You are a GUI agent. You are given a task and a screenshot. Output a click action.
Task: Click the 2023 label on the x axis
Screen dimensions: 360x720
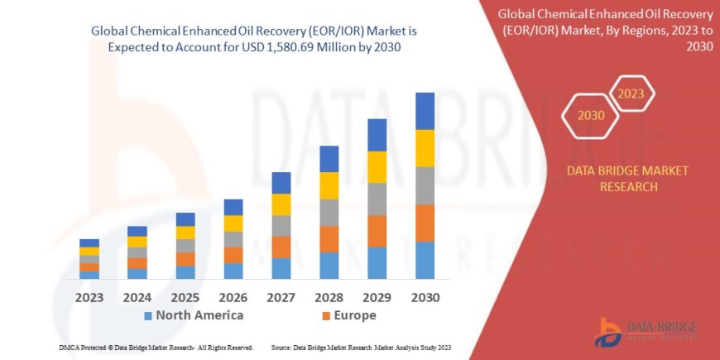[x=89, y=296]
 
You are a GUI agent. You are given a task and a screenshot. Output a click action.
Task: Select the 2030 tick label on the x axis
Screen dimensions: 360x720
[x=425, y=296]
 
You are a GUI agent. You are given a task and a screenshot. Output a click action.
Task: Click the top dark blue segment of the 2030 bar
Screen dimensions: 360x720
[x=425, y=111]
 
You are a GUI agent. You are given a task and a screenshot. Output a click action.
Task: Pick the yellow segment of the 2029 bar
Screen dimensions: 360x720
[x=377, y=167]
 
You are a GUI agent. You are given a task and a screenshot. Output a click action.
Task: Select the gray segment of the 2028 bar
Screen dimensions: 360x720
[x=329, y=213]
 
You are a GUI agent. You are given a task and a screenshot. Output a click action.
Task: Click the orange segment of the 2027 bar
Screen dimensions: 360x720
[x=281, y=247]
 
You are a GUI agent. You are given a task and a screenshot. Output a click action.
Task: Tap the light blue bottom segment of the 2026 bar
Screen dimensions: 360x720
[x=233, y=271]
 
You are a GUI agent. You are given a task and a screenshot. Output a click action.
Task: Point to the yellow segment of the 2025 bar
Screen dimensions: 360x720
[x=185, y=233]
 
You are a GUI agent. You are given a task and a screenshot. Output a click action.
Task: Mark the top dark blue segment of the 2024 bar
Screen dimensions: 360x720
[x=137, y=231]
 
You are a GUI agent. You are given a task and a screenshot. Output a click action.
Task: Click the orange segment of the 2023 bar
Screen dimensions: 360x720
[x=89, y=267]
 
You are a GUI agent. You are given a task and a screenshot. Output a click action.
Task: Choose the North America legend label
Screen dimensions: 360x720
[x=199, y=315]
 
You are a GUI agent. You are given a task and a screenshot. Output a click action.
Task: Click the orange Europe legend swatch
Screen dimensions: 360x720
[x=325, y=316]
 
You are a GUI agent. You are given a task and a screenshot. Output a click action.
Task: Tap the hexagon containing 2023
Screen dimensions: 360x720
[x=632, y=94]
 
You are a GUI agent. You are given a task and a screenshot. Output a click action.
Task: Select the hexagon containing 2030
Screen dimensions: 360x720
[x=591, y=115]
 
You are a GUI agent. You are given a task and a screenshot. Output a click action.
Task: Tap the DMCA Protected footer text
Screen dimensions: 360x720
[x=156, y=347]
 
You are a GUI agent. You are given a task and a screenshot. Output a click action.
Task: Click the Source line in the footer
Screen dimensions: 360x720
[x=360, y=347]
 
